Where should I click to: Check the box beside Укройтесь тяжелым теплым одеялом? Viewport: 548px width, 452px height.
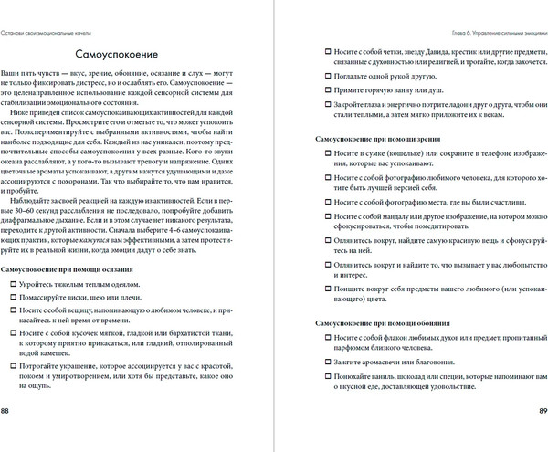click(12, 287)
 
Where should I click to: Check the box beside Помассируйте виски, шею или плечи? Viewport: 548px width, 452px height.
click(12, 302)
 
